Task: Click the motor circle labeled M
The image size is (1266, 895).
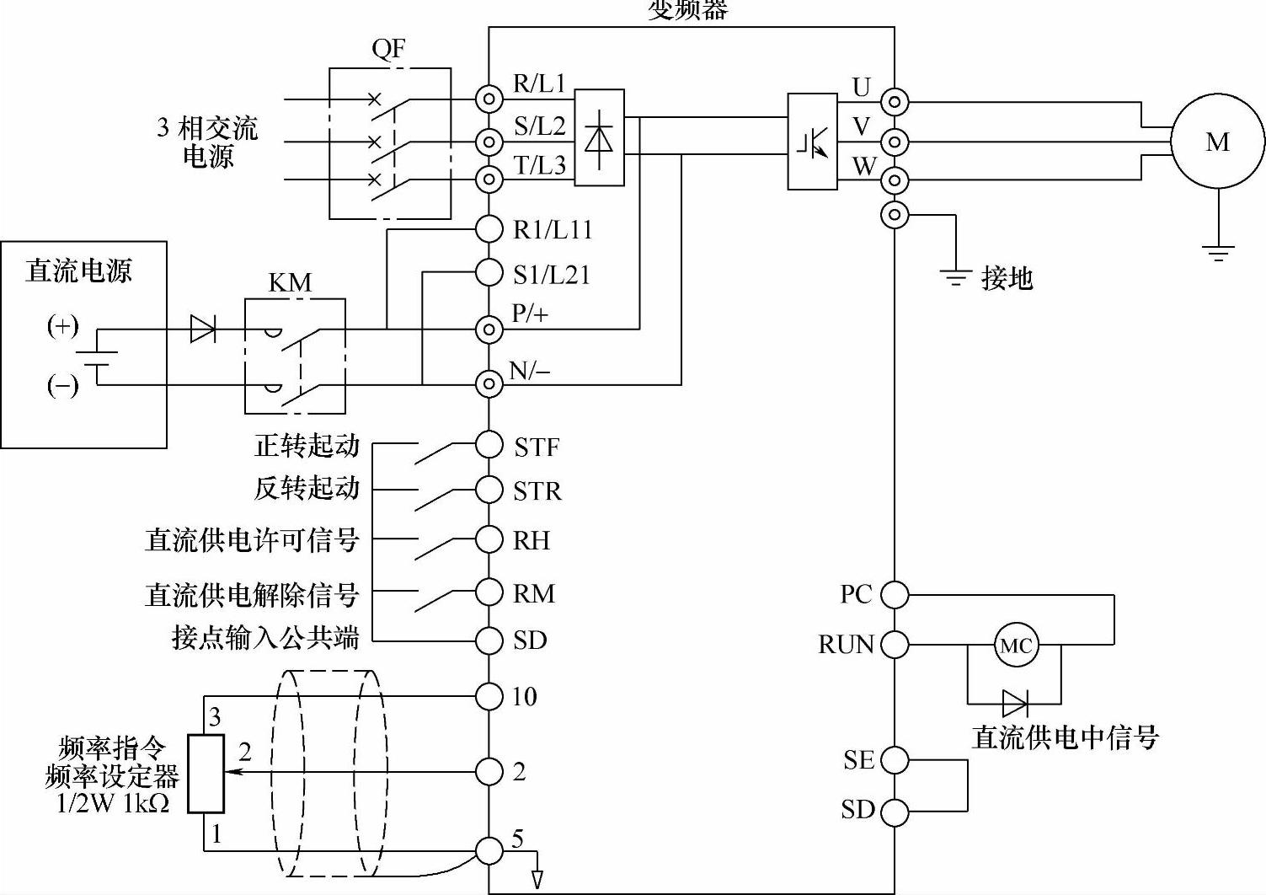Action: [x=1218, y=142]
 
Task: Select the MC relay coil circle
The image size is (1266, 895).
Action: [x=1015, y=646]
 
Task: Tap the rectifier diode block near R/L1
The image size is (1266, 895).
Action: [x=599, y=137]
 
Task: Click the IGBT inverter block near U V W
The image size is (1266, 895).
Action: [x=812, y=142]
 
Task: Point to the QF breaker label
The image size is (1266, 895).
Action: [x=388, y=49]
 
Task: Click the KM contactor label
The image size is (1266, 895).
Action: [x=290, y=282]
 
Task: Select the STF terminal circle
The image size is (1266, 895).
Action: [x=489, y=444]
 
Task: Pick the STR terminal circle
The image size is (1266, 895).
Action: [x=489, y=489]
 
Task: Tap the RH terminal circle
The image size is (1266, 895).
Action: [x=489, y=539]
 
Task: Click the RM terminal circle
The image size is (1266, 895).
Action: [x=489, y=592]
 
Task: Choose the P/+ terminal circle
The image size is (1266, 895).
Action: [x=489, y=329]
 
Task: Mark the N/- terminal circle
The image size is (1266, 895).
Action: [x=489, y=384]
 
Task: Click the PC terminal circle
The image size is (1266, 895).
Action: [x=895, y=595]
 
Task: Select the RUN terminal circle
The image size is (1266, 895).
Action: [x=895, y=645]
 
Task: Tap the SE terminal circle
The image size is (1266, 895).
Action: [x=895, y=760]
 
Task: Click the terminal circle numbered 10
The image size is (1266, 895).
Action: [x=489, y=696]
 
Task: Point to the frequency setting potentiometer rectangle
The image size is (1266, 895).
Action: [x=206, y=774]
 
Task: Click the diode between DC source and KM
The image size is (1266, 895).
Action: [x=202, y=329]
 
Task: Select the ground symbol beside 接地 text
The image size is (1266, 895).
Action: [x=955, y=276]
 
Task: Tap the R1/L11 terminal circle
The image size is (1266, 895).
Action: [x=489, y=228]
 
